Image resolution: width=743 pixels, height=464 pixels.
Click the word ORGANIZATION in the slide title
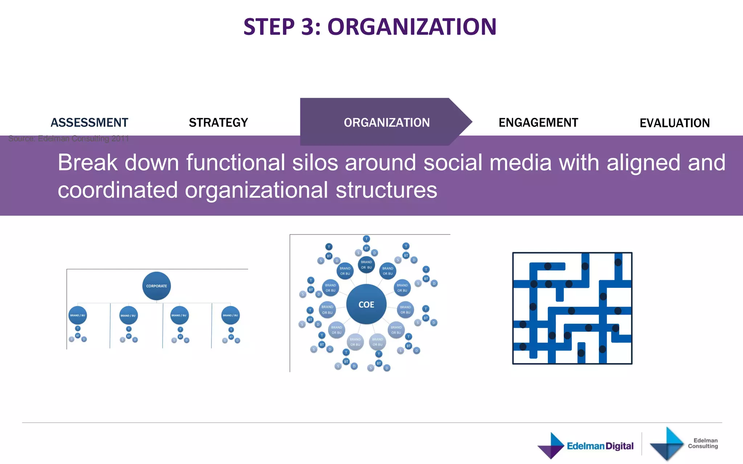412,27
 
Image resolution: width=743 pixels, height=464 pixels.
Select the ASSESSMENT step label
89,123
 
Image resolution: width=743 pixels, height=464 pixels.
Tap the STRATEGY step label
218,123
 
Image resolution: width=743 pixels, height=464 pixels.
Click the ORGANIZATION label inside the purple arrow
387,123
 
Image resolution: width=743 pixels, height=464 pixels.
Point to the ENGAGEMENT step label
538,123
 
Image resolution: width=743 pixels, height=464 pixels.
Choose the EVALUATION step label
674,123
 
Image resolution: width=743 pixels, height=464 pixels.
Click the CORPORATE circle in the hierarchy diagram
156,286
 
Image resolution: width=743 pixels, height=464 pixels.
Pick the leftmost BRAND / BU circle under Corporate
78,315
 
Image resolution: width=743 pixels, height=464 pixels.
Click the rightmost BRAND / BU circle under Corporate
230,315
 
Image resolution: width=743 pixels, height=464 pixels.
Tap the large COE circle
366,304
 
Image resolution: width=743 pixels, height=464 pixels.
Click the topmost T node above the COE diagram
366,239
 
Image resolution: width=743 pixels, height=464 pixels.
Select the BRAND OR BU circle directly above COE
366,265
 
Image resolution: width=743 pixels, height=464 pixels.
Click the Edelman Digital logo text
600,446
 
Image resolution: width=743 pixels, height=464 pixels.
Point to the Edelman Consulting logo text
703,443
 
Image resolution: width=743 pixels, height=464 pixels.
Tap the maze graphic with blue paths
572,308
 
